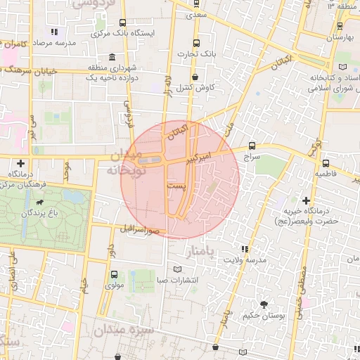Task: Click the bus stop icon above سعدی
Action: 195,3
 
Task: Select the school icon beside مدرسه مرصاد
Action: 55,32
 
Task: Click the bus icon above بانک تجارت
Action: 195,41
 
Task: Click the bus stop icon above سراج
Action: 251,147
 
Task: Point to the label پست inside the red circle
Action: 176,184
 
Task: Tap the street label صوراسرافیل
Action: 141,229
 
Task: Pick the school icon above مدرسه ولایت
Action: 245,249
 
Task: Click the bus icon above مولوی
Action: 114,274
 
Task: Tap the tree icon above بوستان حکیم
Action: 263,304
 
